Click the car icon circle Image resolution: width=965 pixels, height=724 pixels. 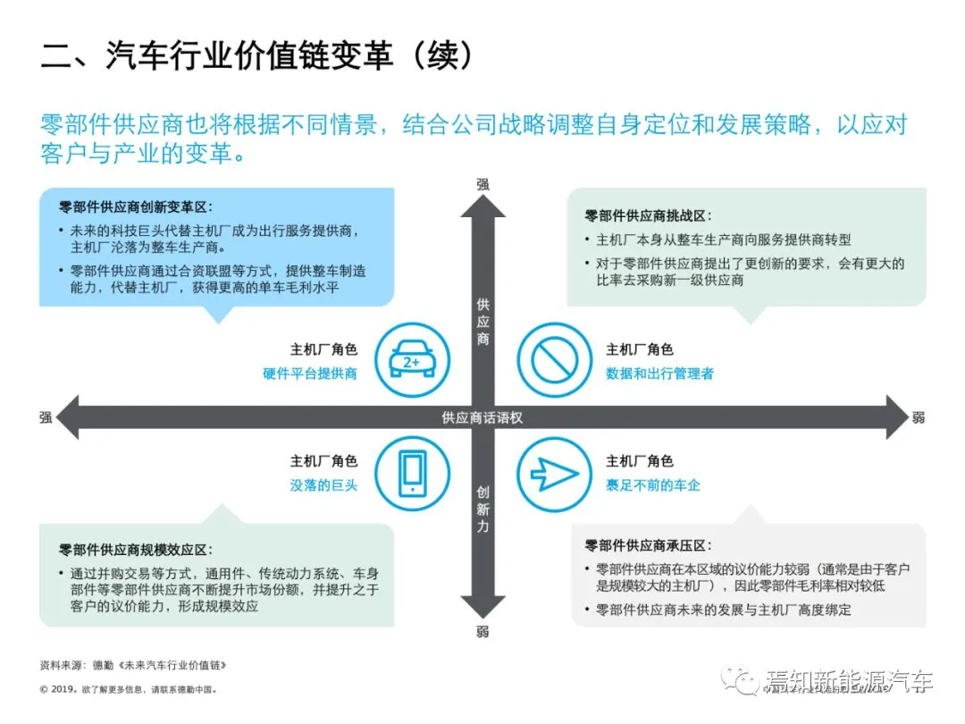tap(412, 360)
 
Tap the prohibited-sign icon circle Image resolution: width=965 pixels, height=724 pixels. tap(554, 360)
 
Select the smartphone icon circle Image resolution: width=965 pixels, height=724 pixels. tap(412, 471)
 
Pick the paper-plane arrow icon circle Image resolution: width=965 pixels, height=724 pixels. tap(554, 473)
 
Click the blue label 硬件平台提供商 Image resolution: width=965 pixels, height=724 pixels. tap(310, 374)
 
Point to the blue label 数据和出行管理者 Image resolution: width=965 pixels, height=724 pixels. tap(659, 374)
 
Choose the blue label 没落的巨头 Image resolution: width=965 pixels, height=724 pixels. tap(323, 484)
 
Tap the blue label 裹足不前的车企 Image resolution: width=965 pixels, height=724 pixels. tap(653, 484)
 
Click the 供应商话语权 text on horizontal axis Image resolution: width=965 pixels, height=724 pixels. tap(482, 417)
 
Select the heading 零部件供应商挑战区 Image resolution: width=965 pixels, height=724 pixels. tap(648, 215)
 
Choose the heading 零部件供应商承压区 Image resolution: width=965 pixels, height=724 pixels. tap(648, 545)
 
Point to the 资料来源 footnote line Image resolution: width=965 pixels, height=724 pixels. tap(134, 665)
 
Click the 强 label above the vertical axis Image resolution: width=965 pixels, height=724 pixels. tap(483, 184)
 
